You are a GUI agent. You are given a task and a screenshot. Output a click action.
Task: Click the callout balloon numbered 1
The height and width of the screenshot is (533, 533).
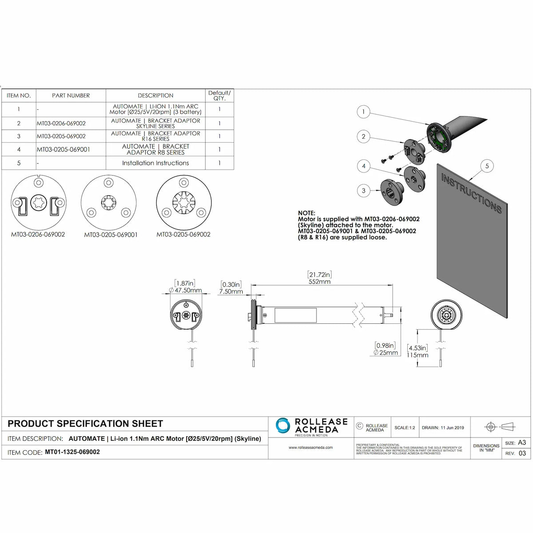coord(363,112)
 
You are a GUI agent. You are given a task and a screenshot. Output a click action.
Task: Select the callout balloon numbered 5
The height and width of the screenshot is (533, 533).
coord(487,166)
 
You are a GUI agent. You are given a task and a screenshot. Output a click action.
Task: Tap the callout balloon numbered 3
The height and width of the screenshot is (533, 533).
coord(363,191)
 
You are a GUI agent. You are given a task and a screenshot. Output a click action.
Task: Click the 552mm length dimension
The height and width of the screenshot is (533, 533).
coord(319,282)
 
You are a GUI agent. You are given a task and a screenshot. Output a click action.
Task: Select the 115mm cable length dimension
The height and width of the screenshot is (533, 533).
coord(418,355)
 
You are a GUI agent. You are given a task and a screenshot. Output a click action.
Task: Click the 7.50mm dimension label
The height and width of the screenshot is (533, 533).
coord(231,292)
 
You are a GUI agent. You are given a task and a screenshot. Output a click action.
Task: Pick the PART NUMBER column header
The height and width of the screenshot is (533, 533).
coord(71,95)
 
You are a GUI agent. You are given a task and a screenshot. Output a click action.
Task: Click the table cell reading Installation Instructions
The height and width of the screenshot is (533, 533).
coord(155,163)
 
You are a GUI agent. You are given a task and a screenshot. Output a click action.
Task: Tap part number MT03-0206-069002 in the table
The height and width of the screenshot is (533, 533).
coord(61,123)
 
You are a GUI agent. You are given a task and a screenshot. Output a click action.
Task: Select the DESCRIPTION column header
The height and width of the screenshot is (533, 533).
coord(155,95)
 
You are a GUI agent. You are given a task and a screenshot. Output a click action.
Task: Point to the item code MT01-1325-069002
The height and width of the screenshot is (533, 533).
coord(72,452)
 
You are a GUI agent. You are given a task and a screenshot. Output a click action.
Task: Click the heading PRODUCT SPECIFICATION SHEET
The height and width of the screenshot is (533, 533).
coord(85,424)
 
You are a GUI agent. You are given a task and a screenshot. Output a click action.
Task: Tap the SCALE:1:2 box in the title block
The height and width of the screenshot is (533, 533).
coord(405,428)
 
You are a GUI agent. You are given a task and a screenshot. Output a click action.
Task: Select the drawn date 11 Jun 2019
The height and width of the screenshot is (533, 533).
coord(443,428)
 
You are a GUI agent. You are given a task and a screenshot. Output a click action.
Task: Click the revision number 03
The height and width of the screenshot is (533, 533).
coord(522,453)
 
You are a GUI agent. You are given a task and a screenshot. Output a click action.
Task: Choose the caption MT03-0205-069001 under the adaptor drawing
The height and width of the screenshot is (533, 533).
coord(111,235)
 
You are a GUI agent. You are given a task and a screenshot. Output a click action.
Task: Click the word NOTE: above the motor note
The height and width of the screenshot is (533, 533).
coord(306,213)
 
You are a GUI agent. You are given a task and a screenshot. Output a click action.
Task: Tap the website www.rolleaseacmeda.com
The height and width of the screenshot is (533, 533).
coord(310,448)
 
